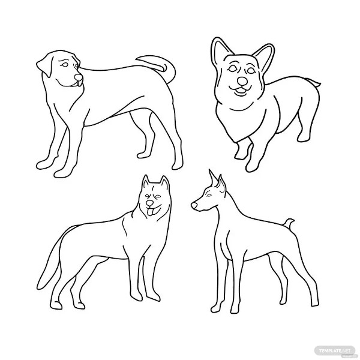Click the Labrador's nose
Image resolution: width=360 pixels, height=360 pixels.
tap(79, 78)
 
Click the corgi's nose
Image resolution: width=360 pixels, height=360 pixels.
tap(242, 80)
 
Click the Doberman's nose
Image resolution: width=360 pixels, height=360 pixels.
tap(194, 206)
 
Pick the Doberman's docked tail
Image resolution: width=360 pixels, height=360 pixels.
tap(289, 224)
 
